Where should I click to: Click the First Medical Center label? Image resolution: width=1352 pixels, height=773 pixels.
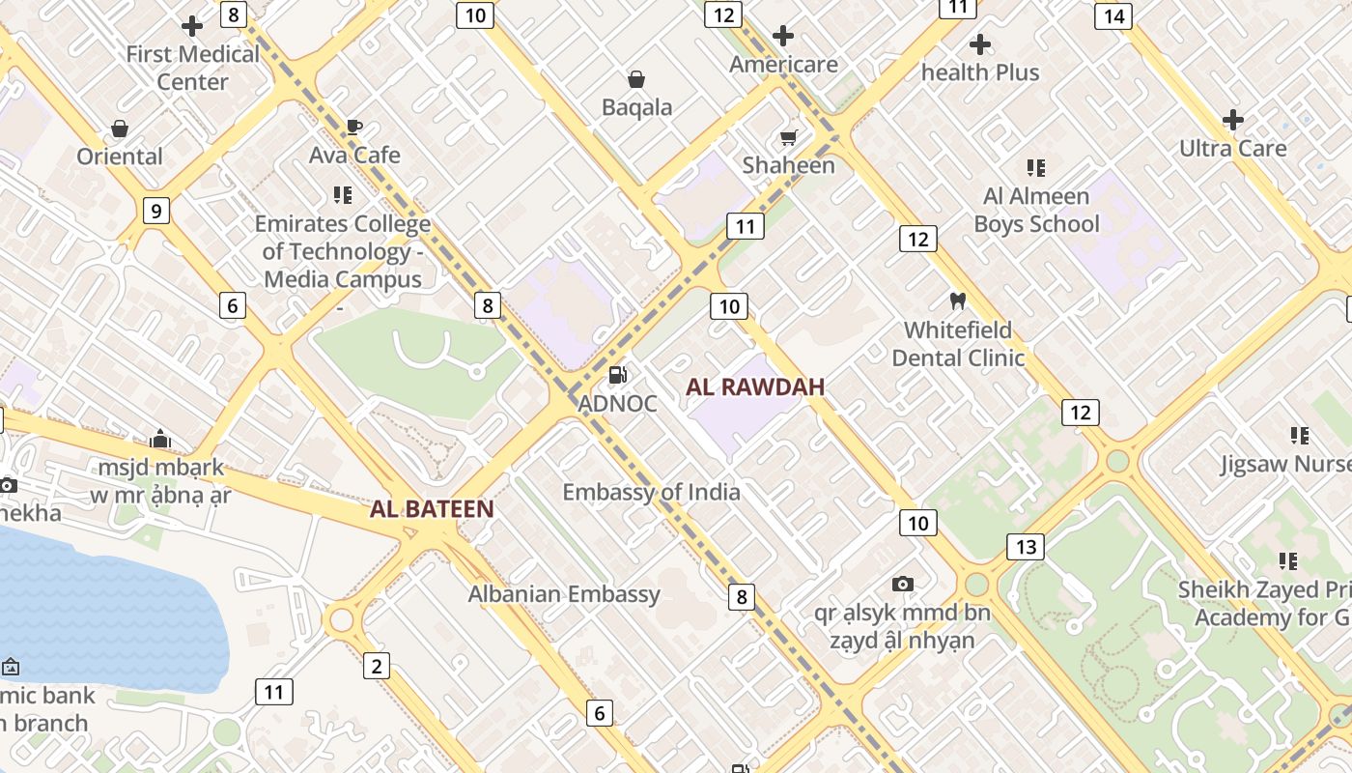193,68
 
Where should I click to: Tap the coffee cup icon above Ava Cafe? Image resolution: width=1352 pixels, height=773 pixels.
354,127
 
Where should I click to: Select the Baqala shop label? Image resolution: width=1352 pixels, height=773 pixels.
636,107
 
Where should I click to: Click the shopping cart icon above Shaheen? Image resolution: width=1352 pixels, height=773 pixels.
789,138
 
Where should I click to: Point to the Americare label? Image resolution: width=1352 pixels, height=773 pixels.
783,65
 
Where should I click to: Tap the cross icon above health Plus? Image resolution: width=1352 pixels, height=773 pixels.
980,44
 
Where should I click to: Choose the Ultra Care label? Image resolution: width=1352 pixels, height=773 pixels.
1233,149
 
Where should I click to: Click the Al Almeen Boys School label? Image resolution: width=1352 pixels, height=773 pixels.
1036,210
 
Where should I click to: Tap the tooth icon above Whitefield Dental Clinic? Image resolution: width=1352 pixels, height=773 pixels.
958,301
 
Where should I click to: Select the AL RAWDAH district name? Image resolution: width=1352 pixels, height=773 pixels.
755,387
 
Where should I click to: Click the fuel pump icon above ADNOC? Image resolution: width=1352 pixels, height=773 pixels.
617,375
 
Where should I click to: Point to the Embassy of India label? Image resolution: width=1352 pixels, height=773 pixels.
652,492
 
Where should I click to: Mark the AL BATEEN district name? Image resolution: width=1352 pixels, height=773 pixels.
432,509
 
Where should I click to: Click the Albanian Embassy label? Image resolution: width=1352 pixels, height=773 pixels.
564,594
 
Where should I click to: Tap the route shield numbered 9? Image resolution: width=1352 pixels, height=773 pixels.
155,210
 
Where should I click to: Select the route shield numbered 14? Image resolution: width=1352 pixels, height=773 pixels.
1113,16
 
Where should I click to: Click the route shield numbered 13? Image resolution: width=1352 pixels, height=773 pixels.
1026,547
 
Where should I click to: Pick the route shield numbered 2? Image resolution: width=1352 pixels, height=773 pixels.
377,665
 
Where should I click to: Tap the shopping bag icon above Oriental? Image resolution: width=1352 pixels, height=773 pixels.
120,129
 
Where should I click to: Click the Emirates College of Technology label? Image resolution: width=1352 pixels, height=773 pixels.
343,251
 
